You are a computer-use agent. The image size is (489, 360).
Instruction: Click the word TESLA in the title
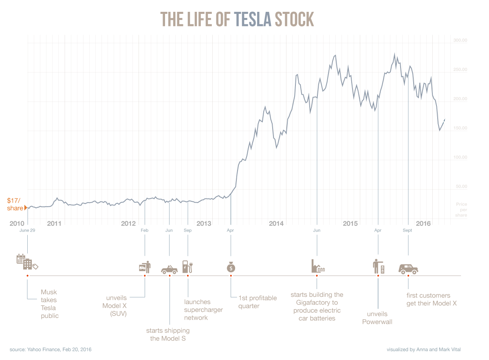pyautogui.click(x=253, y=19)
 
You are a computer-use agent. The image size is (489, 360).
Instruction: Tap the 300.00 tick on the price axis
pyautogui.click(x=460, y=40)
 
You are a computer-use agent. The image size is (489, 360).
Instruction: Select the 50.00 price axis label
pyautogui.click(x=461, y=186)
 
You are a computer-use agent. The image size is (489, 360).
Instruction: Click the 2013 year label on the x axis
pyautogui.click(x=204, y=223)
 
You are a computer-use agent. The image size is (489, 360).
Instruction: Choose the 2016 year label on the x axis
pyautogui.click(x=423, y=223)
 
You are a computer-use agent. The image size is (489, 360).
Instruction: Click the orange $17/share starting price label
pyautogui.click(x=15, y=204)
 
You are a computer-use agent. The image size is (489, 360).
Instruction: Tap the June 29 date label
pyautogui.click(x=27, y=230)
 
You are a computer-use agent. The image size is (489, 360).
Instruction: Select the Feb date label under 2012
pyautogui.click(x=145, y=230)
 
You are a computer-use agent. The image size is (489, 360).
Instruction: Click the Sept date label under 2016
pyautogui.click(x=407, y=230)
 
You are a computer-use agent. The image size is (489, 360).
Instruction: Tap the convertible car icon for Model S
pyautogui.click(x=169, y=269)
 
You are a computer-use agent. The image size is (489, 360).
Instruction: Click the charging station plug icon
pyautogui.click(x=187, y=267)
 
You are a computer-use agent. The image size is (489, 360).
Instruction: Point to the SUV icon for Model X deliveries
pyautogui.click(x=408, y=268)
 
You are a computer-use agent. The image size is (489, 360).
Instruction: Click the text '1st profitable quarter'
pyautogui.click(x=257, y=302)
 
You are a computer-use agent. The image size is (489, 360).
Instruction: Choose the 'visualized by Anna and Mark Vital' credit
pyautogui.click(x=424, y=349)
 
